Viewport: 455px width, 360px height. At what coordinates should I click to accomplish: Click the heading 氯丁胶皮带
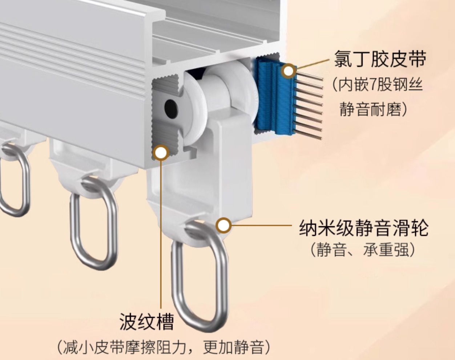pyautogui.click(x=380, y=59)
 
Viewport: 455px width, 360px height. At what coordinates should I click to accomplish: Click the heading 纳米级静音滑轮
pyautogui.click(x=364, y=228)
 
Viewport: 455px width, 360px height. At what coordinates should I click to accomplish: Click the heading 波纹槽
pyautogui.click(x=147, y=322)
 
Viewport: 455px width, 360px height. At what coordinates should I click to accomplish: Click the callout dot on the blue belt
pyautogui.click(x=289, y=71)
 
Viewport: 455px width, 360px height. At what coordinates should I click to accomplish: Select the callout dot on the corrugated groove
pyautogui.click(x=161, y=153)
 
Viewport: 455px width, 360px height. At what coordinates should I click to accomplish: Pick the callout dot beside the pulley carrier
pyautogui.click(x=224, y=225)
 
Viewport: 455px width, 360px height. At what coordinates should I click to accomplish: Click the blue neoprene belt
pyautogui.click(x=275, y=96)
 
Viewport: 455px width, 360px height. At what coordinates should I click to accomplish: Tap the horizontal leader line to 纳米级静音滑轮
pyautogui.click(x=262, y=225)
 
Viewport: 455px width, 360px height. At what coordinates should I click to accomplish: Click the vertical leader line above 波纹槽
pyautogui.click(x=161, y=234)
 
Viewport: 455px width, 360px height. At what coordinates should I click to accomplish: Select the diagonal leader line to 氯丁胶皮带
pyautogui.click(x=313, y=64)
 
